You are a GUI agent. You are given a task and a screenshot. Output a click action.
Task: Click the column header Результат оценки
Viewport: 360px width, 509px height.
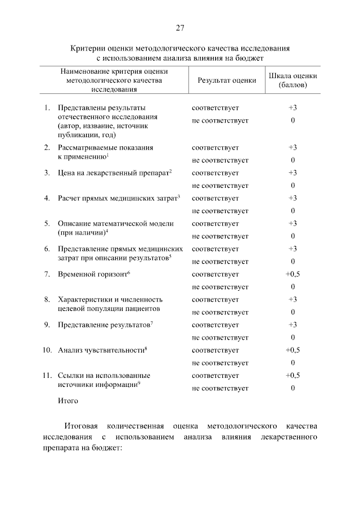click(x=227, y=80)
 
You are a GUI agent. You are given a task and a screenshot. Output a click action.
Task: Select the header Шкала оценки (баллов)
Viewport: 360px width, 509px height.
click(x=293, y=80)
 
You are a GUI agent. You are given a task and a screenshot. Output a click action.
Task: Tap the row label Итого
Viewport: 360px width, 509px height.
click(x=67, y=401)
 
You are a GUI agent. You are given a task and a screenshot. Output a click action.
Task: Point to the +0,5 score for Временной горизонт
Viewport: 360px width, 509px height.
click(x=293, y=274)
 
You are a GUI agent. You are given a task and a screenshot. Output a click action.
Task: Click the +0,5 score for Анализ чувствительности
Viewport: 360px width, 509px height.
click(x=293, y=350)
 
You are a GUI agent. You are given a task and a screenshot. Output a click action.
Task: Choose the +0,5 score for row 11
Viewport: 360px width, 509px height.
click(x=293, y=375)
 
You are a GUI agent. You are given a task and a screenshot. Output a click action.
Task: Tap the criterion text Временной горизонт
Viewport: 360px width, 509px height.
click(x=93, y=274)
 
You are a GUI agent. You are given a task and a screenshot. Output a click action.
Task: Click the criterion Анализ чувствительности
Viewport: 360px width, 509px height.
click(x=102, y=350)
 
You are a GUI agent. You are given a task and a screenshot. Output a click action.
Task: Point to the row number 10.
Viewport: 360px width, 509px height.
click(x=47, y=350)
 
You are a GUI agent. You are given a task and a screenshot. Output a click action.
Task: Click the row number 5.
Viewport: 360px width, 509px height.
click(x=47, y=223)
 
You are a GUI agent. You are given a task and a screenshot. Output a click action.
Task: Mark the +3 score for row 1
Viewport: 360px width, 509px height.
click(x=293, y=107)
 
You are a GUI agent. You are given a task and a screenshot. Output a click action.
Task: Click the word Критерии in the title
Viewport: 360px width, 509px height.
click(x=85, y=49)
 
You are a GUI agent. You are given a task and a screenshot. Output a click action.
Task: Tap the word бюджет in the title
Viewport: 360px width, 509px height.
click(x=250, y=58)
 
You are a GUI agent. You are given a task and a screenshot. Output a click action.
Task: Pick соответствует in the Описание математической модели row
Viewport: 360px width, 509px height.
click(x=215, y=223)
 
